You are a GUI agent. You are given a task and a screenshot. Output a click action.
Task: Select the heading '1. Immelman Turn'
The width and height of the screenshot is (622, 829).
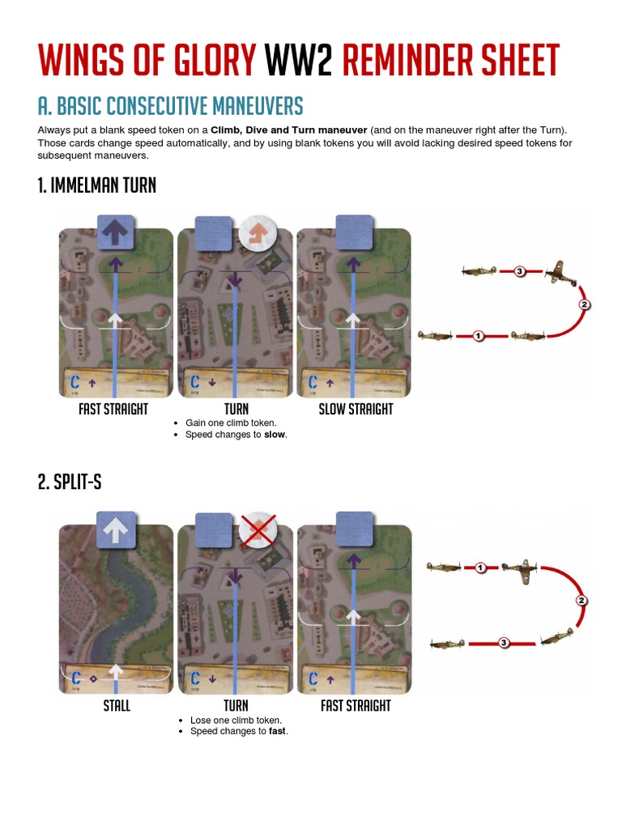(x=96, y=185)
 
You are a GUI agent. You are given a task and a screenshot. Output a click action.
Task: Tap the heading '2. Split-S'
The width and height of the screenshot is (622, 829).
(x=69, y=482)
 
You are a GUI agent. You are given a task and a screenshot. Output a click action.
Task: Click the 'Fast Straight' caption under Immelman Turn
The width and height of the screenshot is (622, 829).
(x=113, y=409)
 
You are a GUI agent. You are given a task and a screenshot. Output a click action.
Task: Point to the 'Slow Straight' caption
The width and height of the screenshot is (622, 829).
(x=356, y=409)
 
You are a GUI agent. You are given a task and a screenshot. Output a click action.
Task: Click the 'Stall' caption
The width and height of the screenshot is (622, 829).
(x=117, y=705)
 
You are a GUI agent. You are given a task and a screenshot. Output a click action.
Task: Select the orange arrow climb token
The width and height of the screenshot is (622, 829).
(x=258, y=233)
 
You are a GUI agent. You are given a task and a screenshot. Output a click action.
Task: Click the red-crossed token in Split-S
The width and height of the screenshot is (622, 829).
(x=258, y=530)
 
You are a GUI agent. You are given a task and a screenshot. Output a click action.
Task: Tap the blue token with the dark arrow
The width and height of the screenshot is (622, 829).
(x=115, y=232)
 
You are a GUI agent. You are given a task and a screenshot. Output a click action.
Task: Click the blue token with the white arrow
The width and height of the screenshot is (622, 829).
(x=115, y=529)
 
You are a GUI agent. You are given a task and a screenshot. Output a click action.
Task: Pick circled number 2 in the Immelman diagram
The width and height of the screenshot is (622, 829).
(x=585, y=305)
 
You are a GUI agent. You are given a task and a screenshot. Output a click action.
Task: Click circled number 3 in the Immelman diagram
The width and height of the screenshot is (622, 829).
(x=519, y=271)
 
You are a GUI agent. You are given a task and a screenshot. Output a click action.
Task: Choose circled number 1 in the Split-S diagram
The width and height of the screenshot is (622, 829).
(x=480, y=568)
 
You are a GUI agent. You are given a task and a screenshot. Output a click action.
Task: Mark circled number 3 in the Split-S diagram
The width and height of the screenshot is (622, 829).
(x=503, y=643)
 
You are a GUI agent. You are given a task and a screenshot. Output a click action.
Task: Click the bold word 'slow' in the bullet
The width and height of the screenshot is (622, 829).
(x=275, y=435)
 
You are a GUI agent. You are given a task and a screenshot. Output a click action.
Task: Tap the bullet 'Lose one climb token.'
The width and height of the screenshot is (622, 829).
(x=236, y=720)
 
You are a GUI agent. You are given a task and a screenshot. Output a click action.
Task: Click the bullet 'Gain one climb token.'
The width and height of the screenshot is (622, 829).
(x=231, y=423)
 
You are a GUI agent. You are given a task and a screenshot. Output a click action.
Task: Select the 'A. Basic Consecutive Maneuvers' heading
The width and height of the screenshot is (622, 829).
(x=170, y=106)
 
